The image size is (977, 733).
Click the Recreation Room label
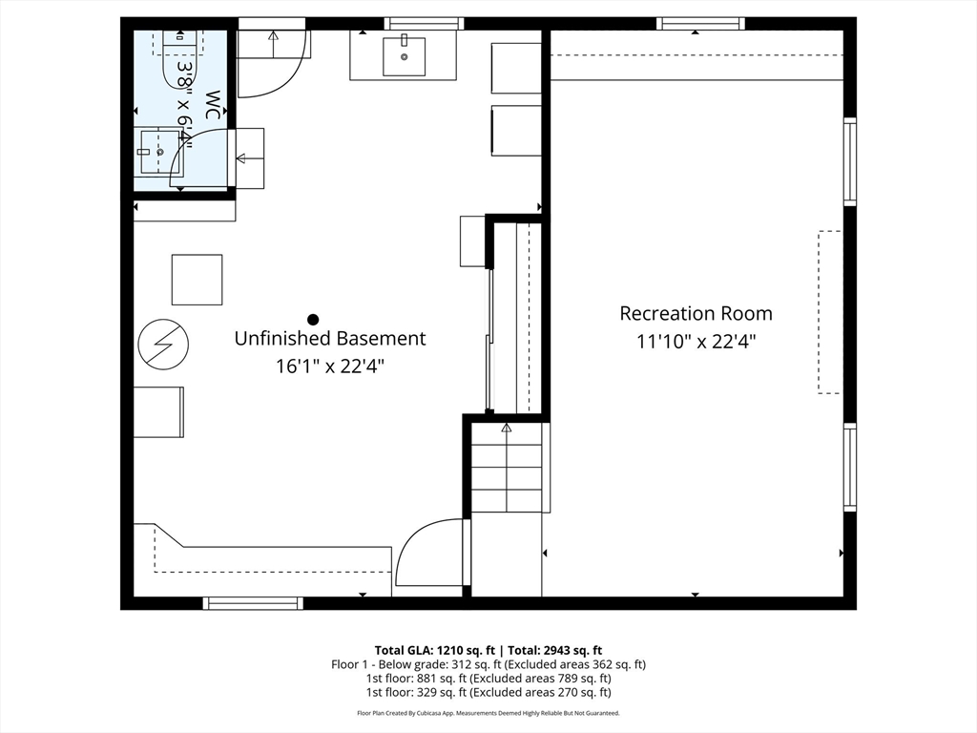pyautogui.click(x=696, y=313)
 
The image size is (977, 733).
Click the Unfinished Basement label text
pyautogui.click(x=330, y=338)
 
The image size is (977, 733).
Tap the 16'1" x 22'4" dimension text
pyautogui.click(x=330, y=365)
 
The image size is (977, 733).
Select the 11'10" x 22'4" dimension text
pyautogui.click(x=696, y=341)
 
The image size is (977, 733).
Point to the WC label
pyautogui.click(x=214, y=105)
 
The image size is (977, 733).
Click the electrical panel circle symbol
pyautogui.click(x=163, y=343)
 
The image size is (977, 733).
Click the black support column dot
pyautogui.click(x=312, y=320)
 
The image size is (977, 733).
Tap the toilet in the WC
pyautogui.click(x=178, y=59)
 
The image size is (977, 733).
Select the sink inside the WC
pyautogui.click(x=158, y=152)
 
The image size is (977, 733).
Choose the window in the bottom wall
pyautogui.click(x=253, y=602)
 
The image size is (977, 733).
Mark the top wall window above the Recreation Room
pyautogui.click(x=700, y=23)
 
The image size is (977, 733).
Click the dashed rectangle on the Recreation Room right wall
pyautogui.click(x=829, y=311)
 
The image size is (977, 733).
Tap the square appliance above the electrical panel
pyautogui.click(x=197, y=280)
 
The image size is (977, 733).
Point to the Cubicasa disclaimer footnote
pyautogui.click(x=488, y=713)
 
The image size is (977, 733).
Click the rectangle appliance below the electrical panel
pyautogui.click(x=158, y=411)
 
